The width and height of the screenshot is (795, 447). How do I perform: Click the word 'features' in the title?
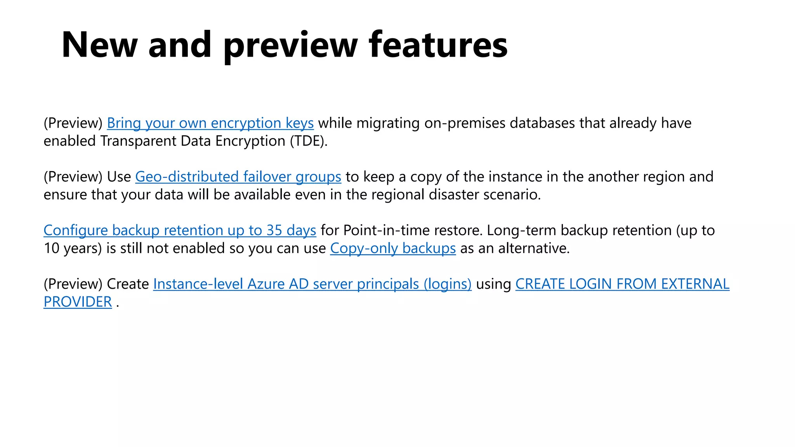[438, 45]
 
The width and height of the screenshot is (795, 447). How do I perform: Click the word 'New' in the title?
[99, 45]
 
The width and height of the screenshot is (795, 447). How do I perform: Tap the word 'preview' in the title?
[290, 46]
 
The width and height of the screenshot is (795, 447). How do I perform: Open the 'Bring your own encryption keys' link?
[210, 123]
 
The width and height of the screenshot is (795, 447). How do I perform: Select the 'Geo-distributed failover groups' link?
[238, 177]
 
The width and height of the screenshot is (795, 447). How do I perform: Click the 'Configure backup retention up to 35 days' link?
[180, 230]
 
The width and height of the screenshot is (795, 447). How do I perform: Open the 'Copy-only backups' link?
[392, 248]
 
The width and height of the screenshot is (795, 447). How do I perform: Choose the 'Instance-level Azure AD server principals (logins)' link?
[312, 284]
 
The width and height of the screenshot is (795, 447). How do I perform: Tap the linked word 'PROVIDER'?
[78, 301]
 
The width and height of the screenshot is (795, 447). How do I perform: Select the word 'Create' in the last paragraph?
[128, 284]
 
